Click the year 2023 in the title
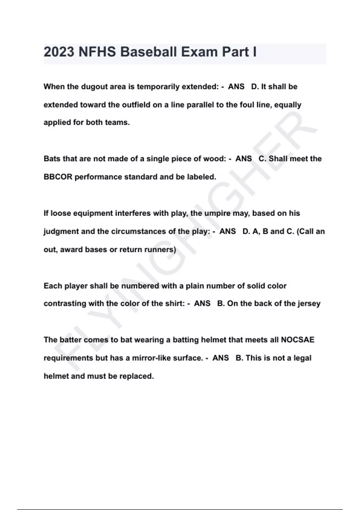(x=59, y=52)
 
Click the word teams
(x=117, y=122)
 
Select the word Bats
(x=52, y=159)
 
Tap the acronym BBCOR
(x=58, y=177)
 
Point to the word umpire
(x=218, y=213)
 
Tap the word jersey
(x=309, y=304)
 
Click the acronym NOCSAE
(x=297, y=340)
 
